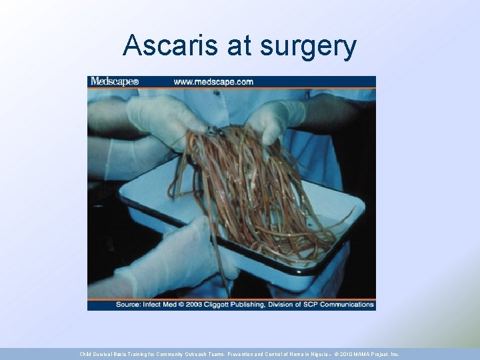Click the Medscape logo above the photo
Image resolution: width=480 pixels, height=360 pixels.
pyautogui.click(x=114, y=81)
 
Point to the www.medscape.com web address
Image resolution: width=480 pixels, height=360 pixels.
pyautogui.click(x=213, y=82)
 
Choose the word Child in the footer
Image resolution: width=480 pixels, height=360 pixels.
pyautogui.click(x=87, y=354)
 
